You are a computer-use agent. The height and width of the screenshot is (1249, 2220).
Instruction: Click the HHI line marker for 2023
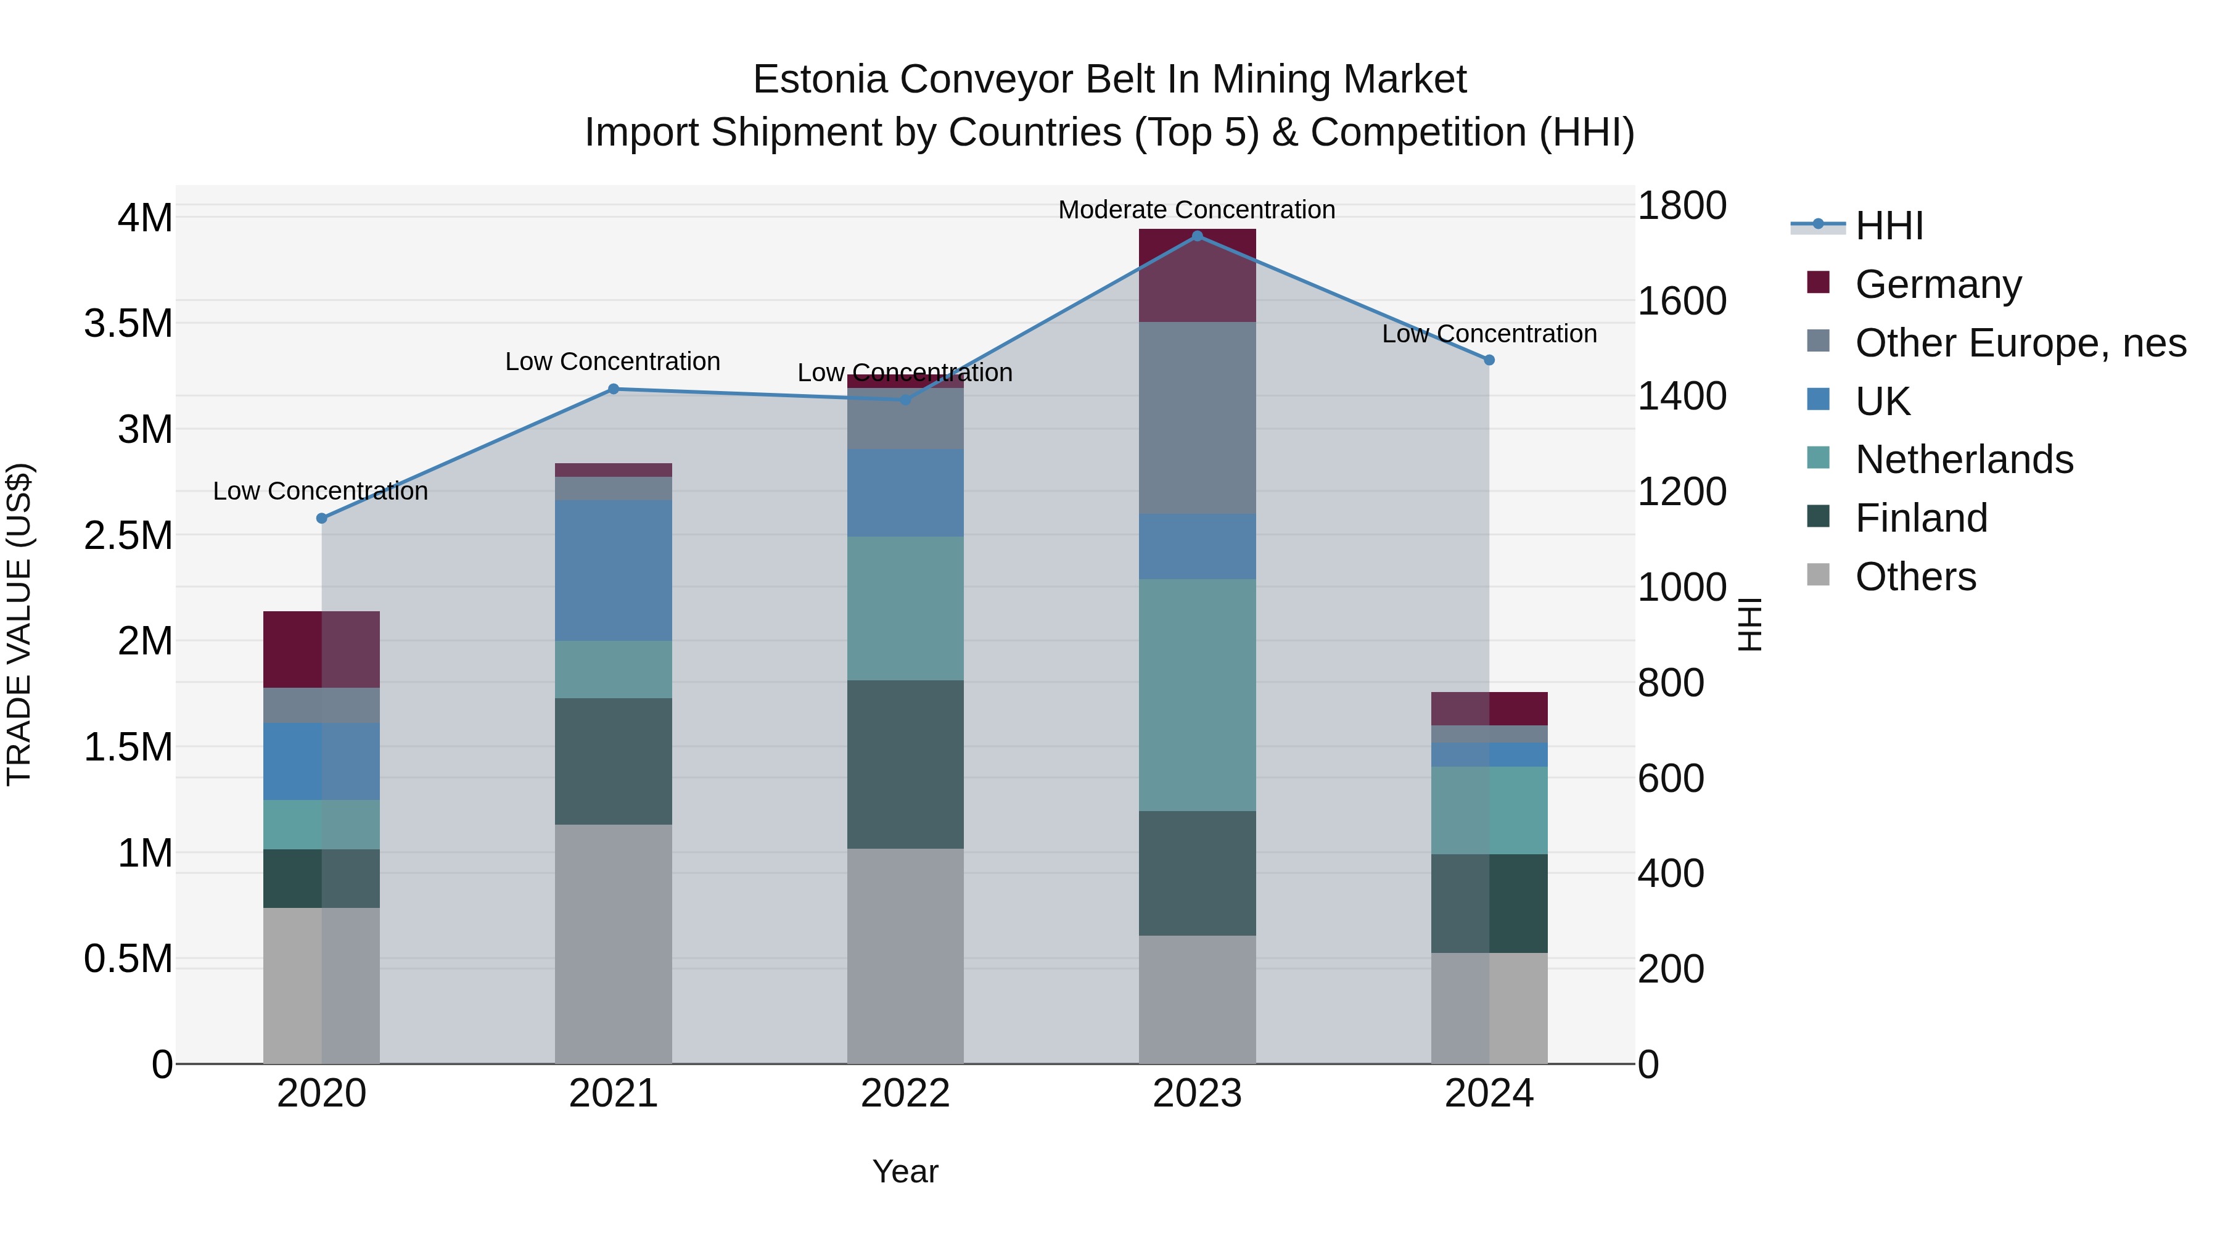click(1197, 236)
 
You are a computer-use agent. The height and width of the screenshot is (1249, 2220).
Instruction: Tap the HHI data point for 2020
click(321, 518)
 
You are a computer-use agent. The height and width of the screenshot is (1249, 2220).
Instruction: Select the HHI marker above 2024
click(1489, 360)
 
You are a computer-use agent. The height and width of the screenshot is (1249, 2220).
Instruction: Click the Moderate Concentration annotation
click(1196, 210)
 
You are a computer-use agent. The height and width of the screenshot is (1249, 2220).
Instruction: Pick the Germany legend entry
click(1938, 284)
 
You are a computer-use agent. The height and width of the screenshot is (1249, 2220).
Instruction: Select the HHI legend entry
click(1889, 226)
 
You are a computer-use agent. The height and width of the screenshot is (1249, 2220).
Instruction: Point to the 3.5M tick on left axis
click(128, 323)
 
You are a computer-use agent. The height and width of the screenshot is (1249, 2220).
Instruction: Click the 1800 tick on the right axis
click(1682, 206)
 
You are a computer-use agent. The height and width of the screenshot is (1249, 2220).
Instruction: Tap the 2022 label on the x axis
click(905, 1094)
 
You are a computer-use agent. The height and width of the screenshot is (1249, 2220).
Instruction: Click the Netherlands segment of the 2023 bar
click(1197, 694)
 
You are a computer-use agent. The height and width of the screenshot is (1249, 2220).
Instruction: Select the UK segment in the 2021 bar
click(613, 570)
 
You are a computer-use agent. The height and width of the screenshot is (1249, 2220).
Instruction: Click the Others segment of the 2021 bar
click(613, 944)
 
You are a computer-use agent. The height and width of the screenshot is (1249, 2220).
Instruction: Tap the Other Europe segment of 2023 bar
click(1197, 418)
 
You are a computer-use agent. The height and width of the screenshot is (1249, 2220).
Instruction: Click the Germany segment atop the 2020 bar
click(321, 649)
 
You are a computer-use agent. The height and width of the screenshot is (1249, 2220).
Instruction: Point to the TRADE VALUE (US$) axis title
click(19, 624)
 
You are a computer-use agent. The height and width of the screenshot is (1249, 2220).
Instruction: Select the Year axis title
click(905, 1171)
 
